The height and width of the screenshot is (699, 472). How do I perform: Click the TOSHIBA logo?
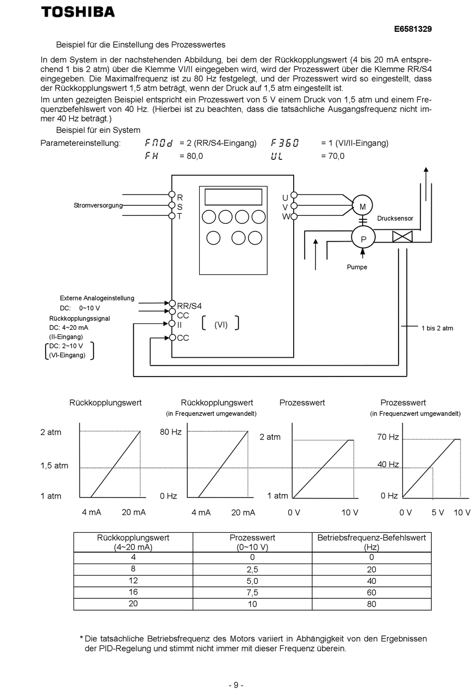click(78, 12)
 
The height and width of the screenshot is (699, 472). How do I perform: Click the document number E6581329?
click(412, 29)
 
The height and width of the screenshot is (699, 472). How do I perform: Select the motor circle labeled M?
click(362, 205)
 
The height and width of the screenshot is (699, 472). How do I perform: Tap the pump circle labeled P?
click(363, 237)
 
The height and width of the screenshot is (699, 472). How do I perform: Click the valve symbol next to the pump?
click(402, 237)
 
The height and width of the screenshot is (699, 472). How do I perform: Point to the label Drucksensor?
click(395, 218)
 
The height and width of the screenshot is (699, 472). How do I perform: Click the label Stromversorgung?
click(98, 205)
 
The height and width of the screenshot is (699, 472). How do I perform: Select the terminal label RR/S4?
click(189, 306)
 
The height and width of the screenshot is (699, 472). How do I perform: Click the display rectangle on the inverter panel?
click(233, 196)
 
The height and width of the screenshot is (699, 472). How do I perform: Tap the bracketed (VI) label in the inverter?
click(221, 324)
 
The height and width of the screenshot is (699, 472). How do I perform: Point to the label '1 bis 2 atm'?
click(437, 328)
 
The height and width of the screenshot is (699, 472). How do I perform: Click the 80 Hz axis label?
click(171, 432)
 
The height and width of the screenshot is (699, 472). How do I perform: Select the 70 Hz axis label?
click(388, 437)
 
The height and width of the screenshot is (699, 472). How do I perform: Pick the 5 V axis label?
click(438, 512)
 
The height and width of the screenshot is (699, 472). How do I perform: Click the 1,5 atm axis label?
click(54, 465)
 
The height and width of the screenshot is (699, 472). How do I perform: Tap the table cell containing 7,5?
click(252, 593)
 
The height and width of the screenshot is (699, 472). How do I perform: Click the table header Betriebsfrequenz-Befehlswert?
click(371, 538)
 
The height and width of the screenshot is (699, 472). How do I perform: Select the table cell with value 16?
click(133, 592)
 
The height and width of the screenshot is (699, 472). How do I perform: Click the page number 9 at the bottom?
click(236, 685)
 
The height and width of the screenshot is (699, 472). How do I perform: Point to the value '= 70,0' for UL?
click(332, 156)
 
